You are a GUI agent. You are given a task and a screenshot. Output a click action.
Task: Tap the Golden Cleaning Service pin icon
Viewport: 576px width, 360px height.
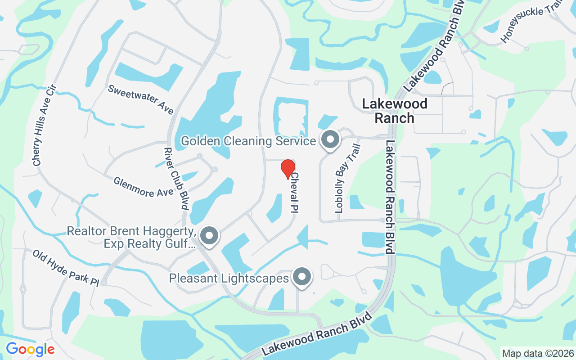tap(331, 140)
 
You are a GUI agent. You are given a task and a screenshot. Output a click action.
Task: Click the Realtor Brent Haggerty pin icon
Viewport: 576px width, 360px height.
tap(209, 236)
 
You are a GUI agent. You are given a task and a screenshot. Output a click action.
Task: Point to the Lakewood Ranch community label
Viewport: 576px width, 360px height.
tap(395, 111)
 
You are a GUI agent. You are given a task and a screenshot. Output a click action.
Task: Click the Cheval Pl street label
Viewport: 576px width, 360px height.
tap(295, 193)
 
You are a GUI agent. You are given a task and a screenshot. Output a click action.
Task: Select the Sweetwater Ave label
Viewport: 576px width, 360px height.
tap(141, 99)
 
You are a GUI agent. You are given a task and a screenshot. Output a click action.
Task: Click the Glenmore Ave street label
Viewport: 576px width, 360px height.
tap(144, 187)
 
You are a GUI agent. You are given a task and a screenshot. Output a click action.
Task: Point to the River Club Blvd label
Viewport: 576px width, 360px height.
tap(176, 179)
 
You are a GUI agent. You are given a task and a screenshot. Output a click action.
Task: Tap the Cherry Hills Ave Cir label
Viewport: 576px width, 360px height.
tap(44, 125)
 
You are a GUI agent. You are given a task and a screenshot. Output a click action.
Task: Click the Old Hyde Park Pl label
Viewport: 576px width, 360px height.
tap(65, 267)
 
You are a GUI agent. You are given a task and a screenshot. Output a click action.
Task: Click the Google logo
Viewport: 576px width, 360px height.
tap(30, 349)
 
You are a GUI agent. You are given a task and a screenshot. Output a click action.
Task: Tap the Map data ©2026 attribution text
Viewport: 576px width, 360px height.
tap(538, 353)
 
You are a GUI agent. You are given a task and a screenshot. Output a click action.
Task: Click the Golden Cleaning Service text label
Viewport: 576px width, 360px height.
tap(248, 141)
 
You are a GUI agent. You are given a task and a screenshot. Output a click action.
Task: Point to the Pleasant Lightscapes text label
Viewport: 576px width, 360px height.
tap(229, 278)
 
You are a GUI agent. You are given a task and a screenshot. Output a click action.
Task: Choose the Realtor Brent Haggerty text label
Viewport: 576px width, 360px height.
tap(131, 237)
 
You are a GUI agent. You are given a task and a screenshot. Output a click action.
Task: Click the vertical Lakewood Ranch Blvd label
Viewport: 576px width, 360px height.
tap(390, 197)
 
